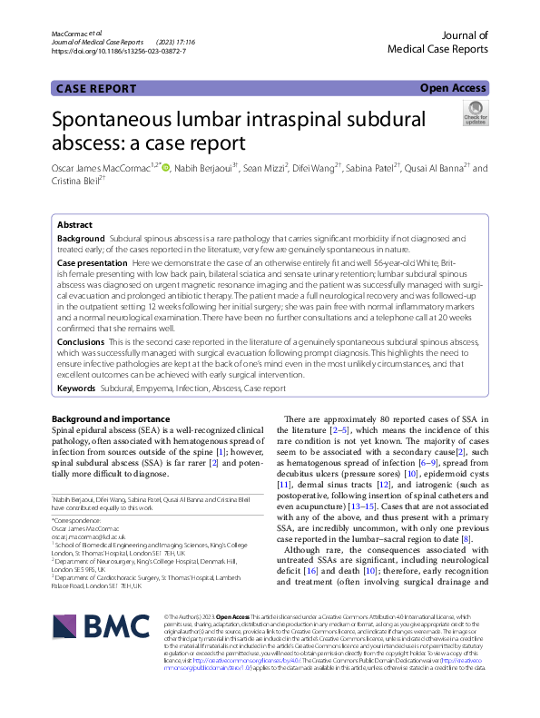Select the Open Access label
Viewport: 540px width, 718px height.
[452, 88]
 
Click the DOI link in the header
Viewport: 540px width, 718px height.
[119, 51]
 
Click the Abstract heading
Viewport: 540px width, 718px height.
[74, 224]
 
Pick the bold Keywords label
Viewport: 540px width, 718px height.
[76, 388]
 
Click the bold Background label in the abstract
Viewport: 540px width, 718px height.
[81, 237]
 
